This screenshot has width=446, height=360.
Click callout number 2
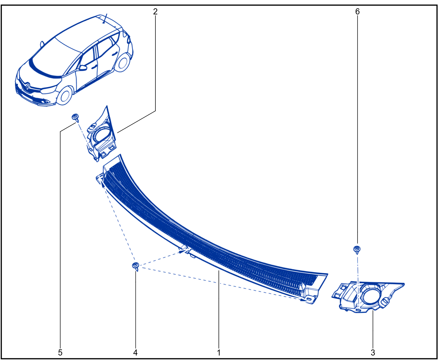coord(155,12)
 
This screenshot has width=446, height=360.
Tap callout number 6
coord(358,12)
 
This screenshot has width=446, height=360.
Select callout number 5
coord(60,353)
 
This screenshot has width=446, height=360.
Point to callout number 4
coord(136,353)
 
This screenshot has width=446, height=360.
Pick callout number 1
coord(219,353)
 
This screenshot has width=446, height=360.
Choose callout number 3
coord(373,353)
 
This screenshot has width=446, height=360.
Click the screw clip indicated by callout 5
coord(75,118)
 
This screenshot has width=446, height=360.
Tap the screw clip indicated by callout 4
coord(136,266)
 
